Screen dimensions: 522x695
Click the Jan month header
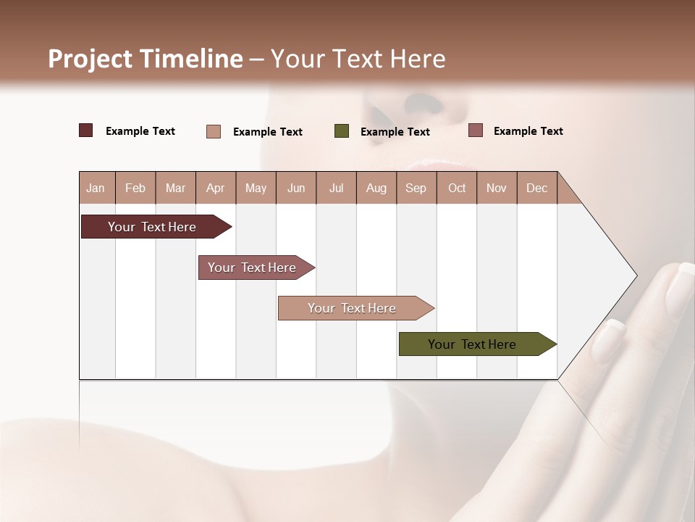[x=96, y=188]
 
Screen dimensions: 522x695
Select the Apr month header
[x=215, y=188]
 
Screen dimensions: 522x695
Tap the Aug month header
[x=376, y=188]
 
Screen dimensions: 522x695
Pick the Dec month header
[x=536, y=188]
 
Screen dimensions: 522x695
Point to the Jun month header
[x=295, y=188]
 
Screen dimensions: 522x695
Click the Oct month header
[x=456, y=188]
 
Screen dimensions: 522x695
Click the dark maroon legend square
[x=85, y=130]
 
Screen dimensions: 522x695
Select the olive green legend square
[x=342, y=131]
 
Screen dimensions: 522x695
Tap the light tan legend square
[x=214, y=131]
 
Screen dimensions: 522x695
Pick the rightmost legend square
[x=475, y=130]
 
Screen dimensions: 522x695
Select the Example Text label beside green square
[x=395, y=132]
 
